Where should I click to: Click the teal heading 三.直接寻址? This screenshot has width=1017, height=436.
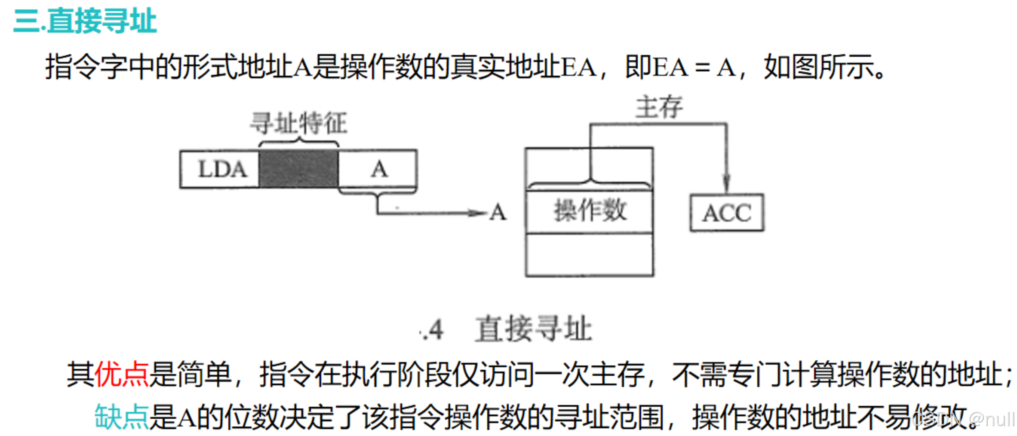(x=85, y=21)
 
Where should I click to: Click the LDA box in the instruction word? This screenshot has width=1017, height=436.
(x=220, y=169)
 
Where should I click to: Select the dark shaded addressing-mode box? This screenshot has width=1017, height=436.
(x=298, y=169)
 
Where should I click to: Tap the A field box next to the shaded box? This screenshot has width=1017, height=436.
(x=378, y=169)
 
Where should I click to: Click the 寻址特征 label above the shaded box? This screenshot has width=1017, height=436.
(x=298, y=123)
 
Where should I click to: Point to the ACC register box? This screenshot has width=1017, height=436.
(x=727, y=213)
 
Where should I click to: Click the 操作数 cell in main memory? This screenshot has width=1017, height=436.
(x=590, y=211)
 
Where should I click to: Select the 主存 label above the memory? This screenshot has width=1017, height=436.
(x=659, y=107)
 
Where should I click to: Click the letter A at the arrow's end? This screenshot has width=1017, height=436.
(x=498, y=212)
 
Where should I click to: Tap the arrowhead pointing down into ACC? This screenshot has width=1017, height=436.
(x=726, y=185)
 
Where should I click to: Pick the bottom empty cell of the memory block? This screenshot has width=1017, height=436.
(x=590, y=255)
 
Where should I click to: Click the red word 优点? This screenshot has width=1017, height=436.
(x=122, y=374)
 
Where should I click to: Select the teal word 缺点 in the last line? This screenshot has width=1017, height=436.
(x=122, y=417)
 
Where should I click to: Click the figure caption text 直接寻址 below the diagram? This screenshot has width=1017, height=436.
(x=533, y=329)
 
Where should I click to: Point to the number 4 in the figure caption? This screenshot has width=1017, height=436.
(x=435, y=330)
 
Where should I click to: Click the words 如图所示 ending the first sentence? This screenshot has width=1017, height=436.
(x=819, y=68)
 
